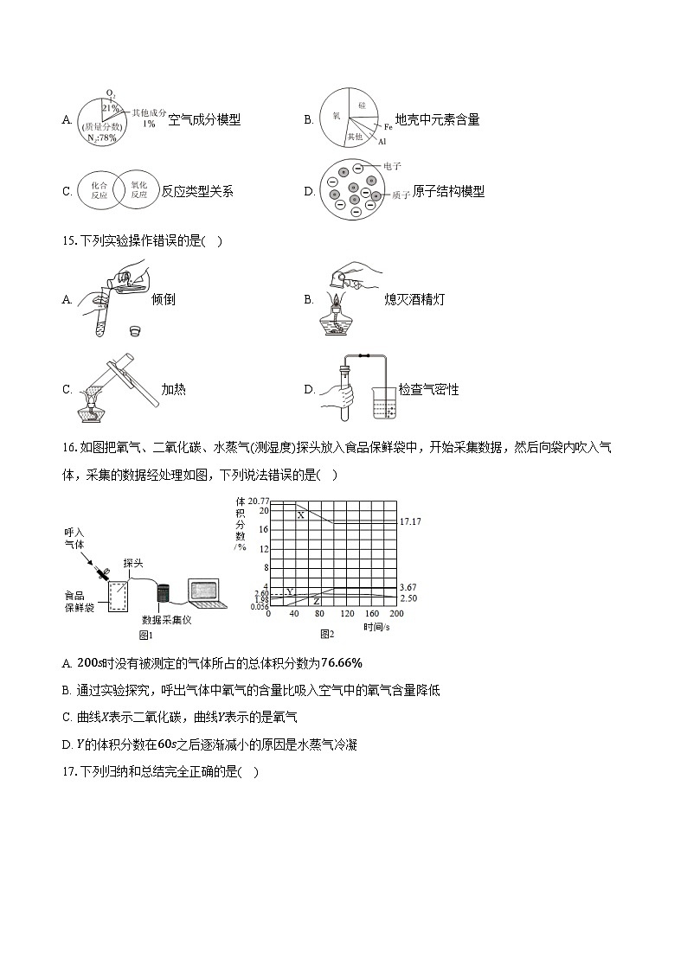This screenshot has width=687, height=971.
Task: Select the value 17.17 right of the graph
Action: (408, 522)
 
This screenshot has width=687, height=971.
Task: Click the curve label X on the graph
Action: (301, 515)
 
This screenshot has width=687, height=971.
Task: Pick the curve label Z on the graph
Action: (317, 601)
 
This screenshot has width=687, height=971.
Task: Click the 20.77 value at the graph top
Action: (259, 501)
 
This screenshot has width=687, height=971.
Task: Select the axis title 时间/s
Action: (379, 625)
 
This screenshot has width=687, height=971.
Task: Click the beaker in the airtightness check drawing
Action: (385, 403)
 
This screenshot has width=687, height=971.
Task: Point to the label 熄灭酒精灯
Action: (414, 299)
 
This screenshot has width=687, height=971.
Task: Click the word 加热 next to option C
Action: (173, 389)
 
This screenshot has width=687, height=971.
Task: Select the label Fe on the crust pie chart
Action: (388, 127)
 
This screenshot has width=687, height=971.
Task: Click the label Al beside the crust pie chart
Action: (382, 140)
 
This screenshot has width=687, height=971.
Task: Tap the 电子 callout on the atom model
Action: (391, 165)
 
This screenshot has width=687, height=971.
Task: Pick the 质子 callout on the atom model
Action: (400, 195)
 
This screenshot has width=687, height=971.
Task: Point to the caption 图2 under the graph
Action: (327, 635)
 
